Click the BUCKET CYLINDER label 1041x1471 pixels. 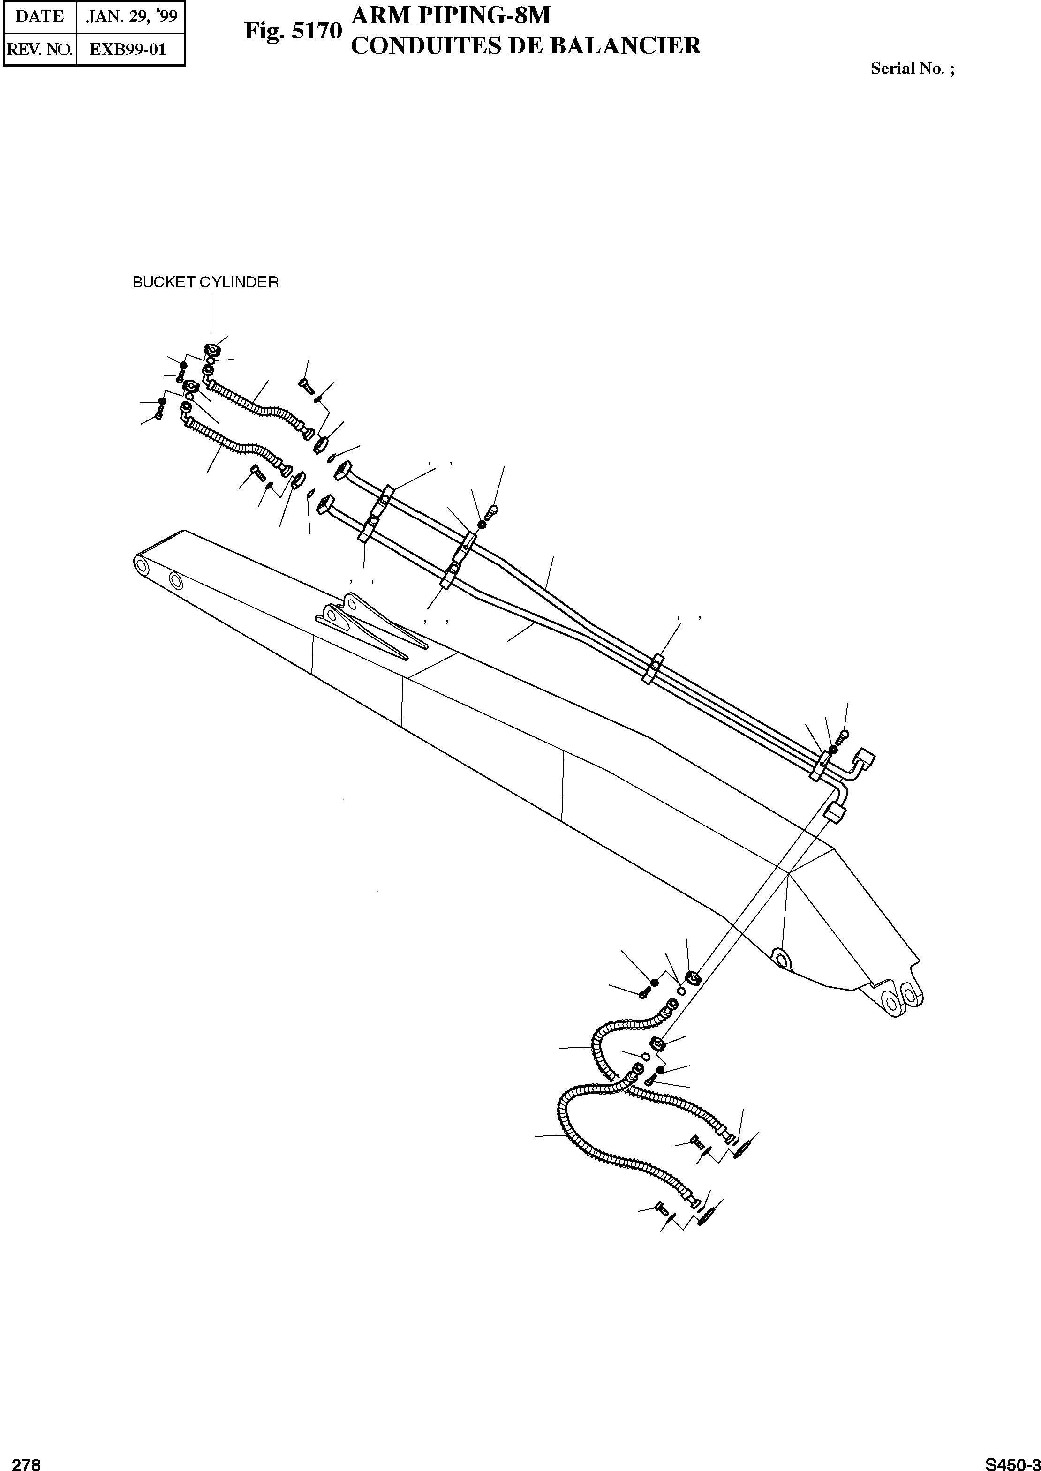[x=205, y=283]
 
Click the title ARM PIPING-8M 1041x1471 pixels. [x=451, y=15]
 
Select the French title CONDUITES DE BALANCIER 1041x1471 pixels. [x=526, y=45]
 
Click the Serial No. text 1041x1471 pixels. [x=912, y=69]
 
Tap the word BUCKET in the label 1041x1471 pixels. [x=164, y=283]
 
